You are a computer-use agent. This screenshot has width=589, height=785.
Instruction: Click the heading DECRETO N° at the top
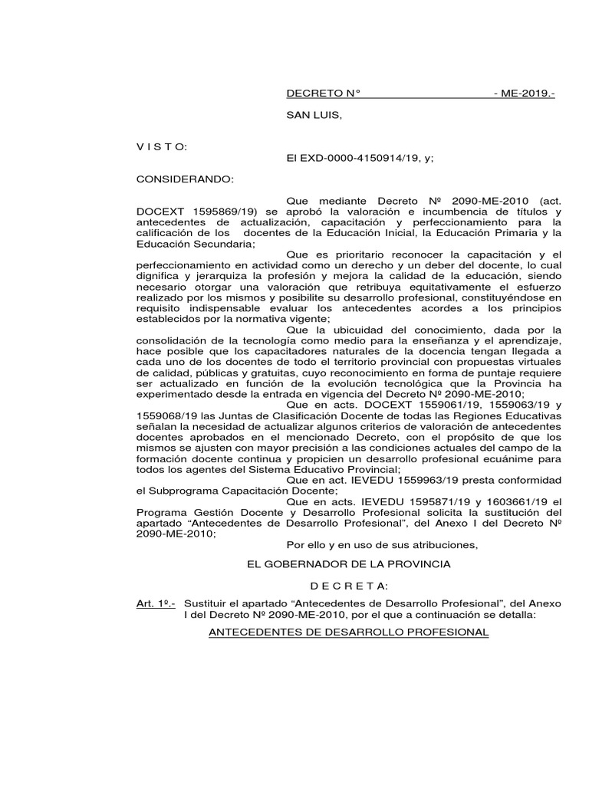pos(323,94)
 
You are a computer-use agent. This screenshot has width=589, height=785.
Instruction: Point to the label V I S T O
pos(156,146)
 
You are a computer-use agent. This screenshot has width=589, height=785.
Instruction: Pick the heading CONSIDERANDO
pos(183,179)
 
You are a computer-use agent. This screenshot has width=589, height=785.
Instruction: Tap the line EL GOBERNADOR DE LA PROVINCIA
pos(347,563)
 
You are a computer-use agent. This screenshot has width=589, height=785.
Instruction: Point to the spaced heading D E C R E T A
pos(348,586)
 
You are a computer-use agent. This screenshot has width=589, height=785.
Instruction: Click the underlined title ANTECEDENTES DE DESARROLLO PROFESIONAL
pos(349,632)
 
